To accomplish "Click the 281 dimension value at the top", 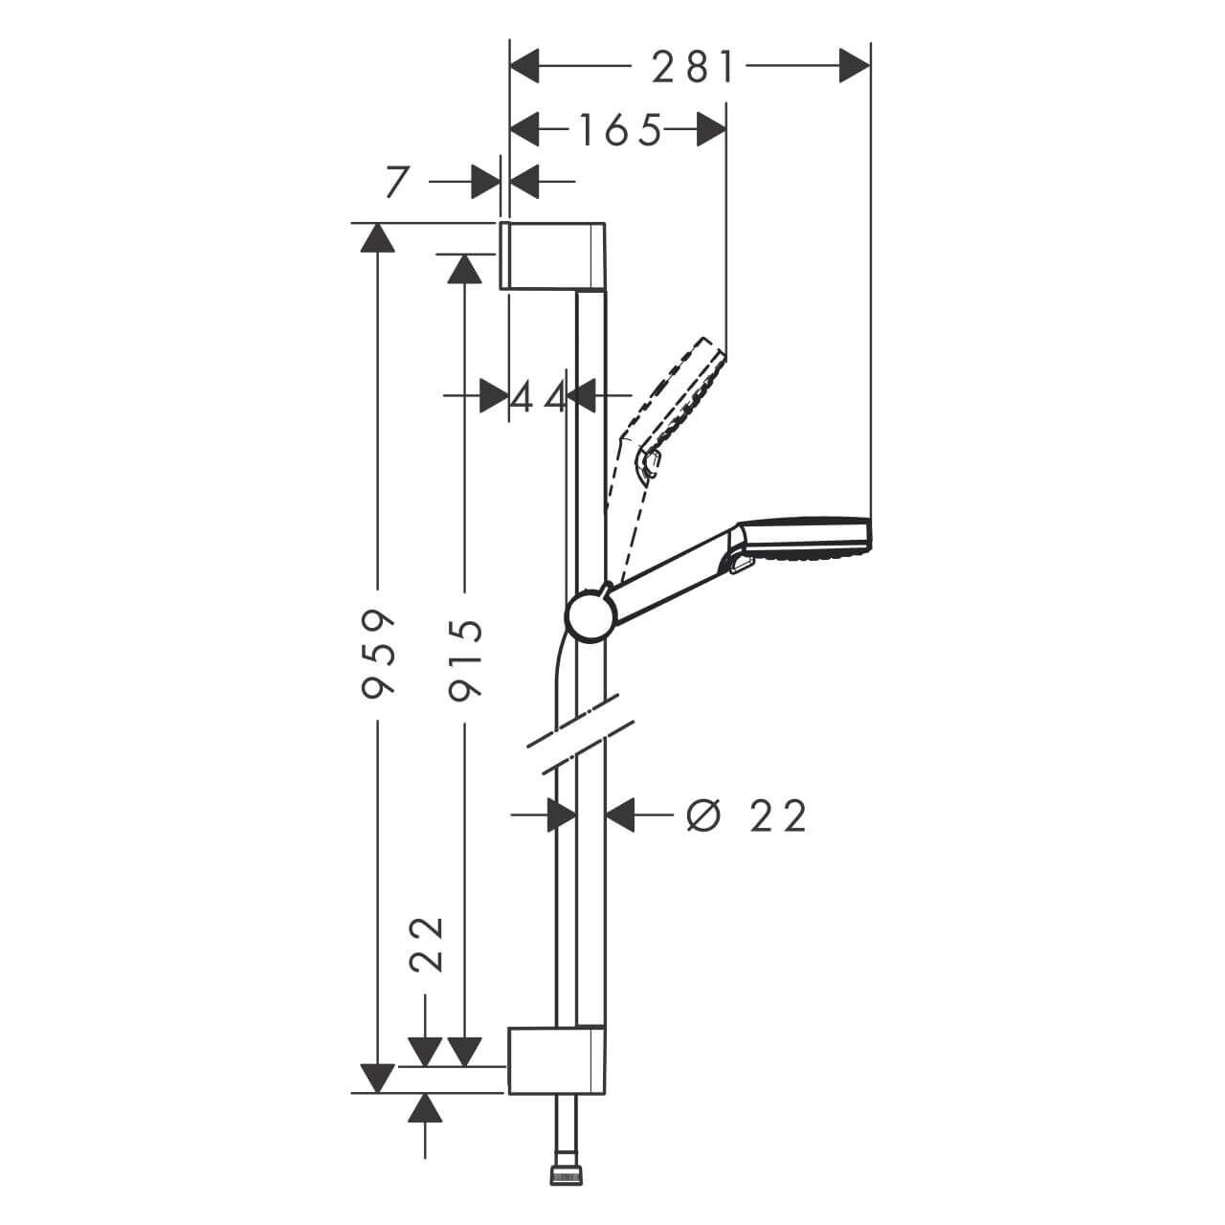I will click(x=693, y=67).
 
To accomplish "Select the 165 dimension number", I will click(x=618, y=130).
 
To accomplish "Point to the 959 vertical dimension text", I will click(x=380, y=651).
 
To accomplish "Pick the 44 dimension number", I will click(x=538, y=395).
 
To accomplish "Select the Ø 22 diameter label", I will click(x=747, y=815).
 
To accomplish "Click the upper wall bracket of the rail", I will click(x=553, y=255).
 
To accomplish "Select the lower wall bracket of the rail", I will click(x=555, y=1059).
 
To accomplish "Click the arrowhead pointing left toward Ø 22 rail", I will click(x=622, y=815).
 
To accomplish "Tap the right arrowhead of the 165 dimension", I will click(x=709, y=130).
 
